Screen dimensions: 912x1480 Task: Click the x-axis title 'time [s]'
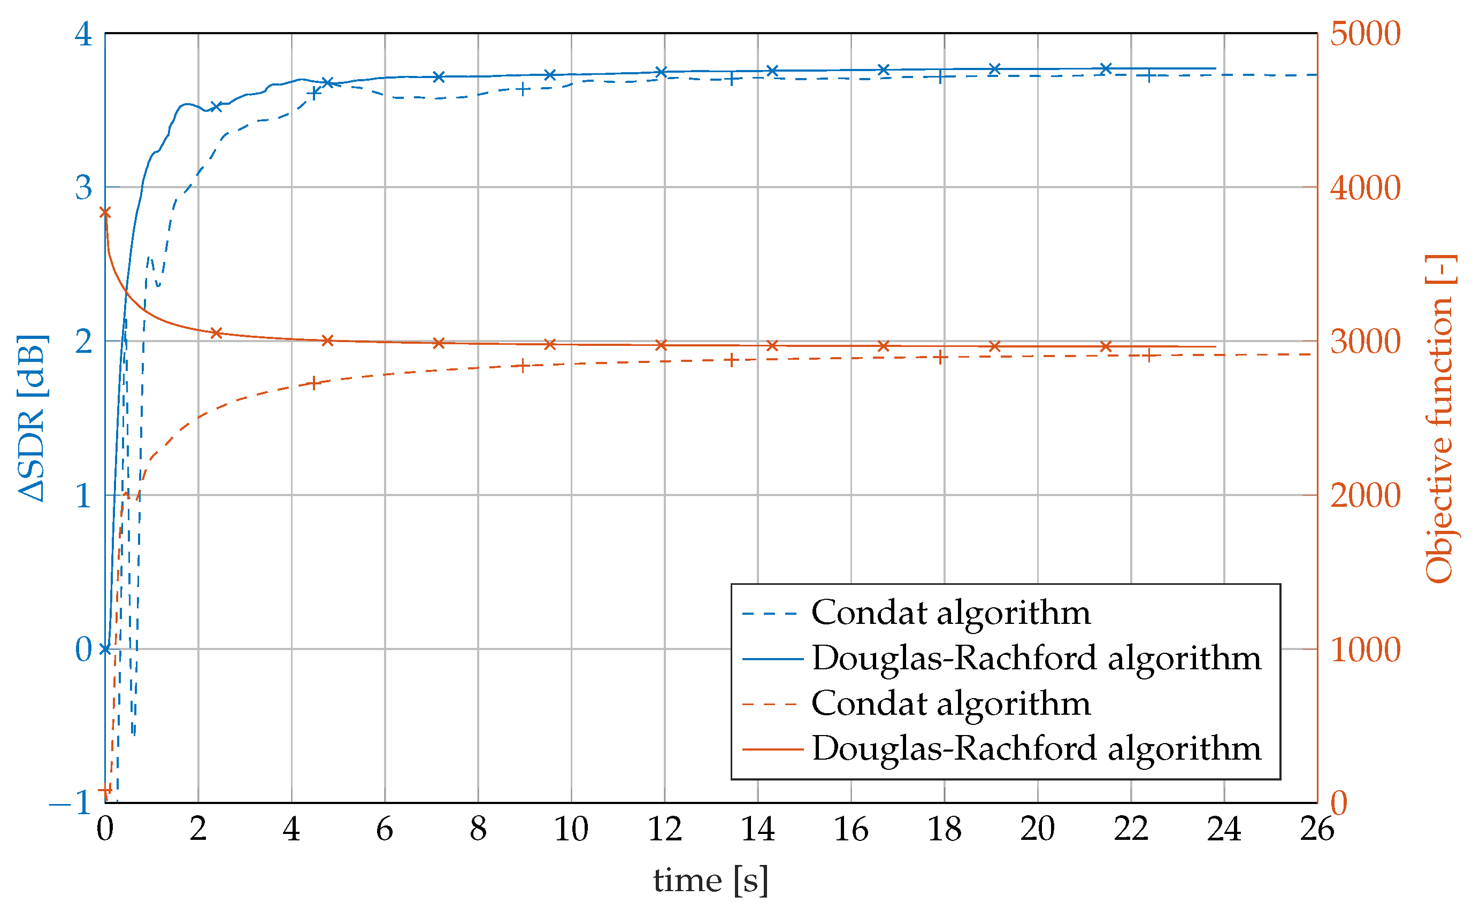coord(710,880)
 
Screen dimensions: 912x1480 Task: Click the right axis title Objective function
coord(1440,419)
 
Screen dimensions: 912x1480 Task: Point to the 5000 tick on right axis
coord(1365,33)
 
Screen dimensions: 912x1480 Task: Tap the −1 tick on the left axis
coord(71,803)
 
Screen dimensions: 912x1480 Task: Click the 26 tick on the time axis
coord(1317,829)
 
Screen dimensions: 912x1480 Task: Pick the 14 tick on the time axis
coord(758,829)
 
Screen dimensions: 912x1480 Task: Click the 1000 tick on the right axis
coord(1365,650)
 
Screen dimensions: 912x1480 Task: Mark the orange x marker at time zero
coord(105,212)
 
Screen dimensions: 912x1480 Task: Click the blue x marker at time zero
coord(105,649)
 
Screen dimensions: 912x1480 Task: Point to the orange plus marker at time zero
coord(105,790)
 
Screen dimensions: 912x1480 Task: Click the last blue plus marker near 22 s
coord(1149,76)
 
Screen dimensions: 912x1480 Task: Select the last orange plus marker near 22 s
coord(1149,355)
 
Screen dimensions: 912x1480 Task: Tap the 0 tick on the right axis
coord(1339,803)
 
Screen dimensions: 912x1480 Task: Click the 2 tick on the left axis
coord(83,342)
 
